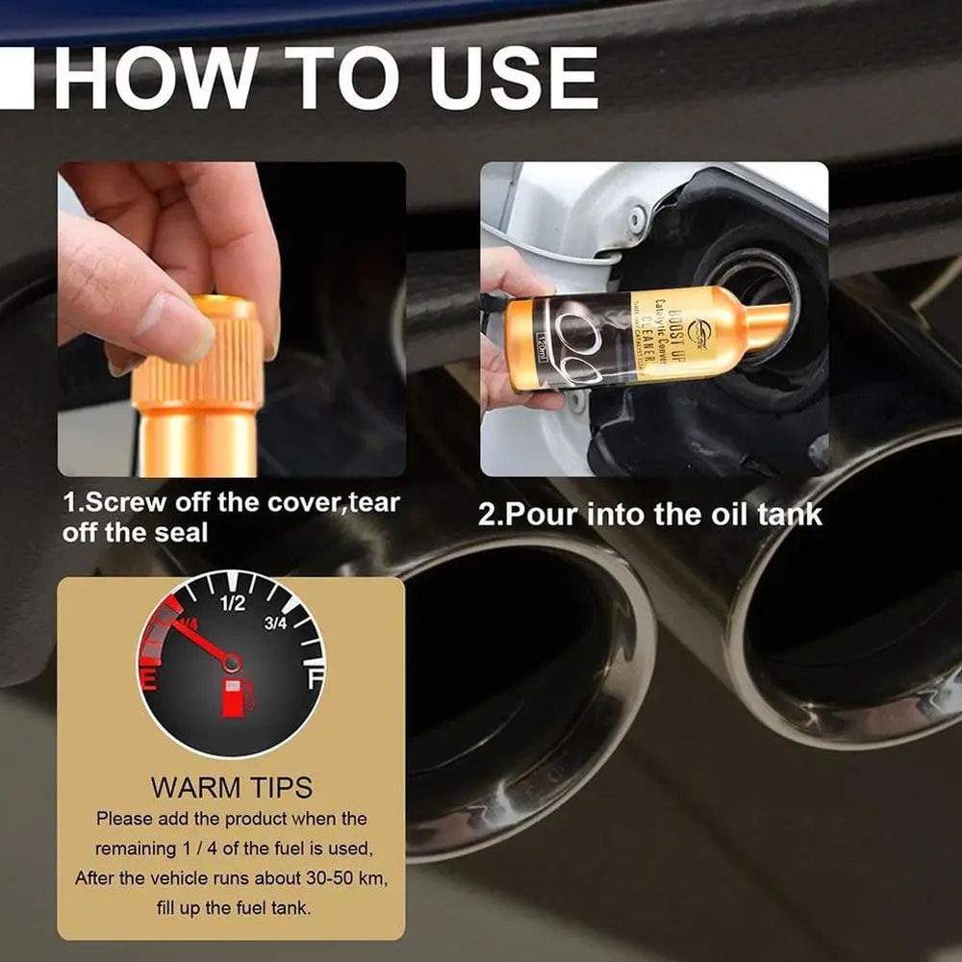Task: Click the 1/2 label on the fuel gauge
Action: pyautogui.click(x=233, y=604)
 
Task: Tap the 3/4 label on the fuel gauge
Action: pyautogui.click(x=275, y=623)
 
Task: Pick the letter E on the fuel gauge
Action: pyautogui.click(x=150, y=679)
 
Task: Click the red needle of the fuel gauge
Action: pyautogui.click(x=197, y=641)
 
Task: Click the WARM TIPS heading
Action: pyautogui.click(x=231, y=787)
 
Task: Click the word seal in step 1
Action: pyautogui.click(x=183, y=532)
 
